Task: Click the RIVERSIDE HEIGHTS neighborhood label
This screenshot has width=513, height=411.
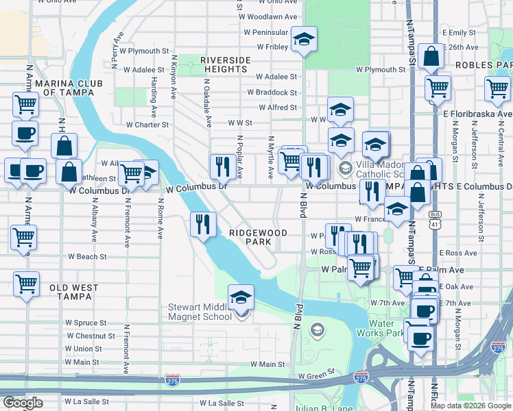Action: click(226, 65)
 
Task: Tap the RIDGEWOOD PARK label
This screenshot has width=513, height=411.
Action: click(258, 238)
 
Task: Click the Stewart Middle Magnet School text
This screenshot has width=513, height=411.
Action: click(200, 312)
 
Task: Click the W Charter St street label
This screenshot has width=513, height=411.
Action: click(147, 125)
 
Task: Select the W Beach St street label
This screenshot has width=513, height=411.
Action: click(86, 257)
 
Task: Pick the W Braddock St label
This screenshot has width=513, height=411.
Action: click(272, 92)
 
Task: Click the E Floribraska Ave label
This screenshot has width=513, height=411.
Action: click(478, 114)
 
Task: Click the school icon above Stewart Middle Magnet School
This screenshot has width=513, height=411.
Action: click(241, 298)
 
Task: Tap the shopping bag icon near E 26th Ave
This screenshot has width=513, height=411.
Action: click(431, 58)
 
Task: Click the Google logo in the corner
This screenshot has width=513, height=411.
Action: click(23, 403)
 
